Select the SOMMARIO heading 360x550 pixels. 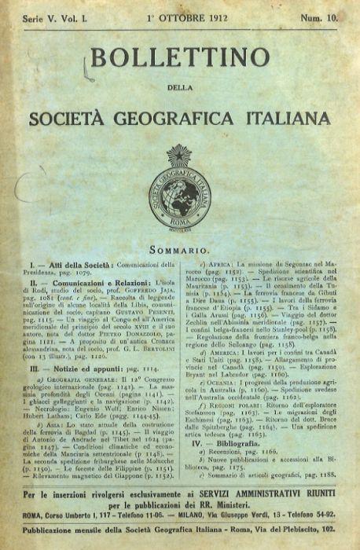(x=180, y=248)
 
